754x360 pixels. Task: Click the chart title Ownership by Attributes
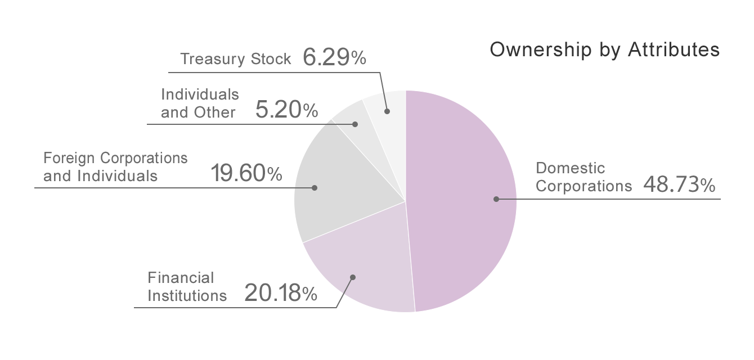pyautogui.click(x=604, y=50)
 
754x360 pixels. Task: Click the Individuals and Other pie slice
pyautogui.click(x=350, y=115)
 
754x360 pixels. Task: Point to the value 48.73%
pyautogui.click(x=679, y=185)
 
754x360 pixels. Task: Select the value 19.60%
pyautogui.click(x=246, y=174)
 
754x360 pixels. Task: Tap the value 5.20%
pyautogui.click(x=286, y=110)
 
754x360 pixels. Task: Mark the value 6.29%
pyautogui.click(x=334, y=57)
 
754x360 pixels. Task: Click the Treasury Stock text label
pyautogui.click(x=236, y=58)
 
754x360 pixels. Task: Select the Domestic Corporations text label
pyautogui.click(x=584, y=177)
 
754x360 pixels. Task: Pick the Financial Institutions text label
pyautogui.click(x=187, y=286)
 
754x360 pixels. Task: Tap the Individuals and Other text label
pyautogui.click(x=199, y=103)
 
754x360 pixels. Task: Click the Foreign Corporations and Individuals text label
pyautogui.click(x=115, y=166)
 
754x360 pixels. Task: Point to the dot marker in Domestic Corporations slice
pyautogui.click(x=496, y=199)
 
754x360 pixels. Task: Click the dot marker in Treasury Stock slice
pyautogui.click(x=387, y=111)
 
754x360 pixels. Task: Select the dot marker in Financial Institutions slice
pyautogui.click(x=353, y=277)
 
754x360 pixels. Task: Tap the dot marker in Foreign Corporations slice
pyautogui.click(x=315, y=187)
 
